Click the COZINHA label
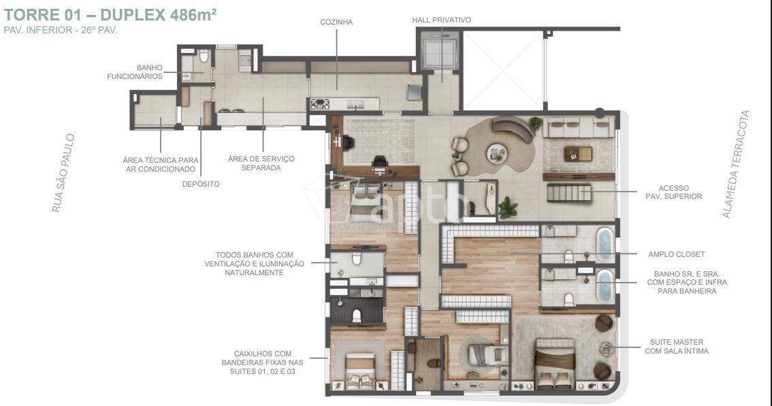(336, 22)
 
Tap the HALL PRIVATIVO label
(442, 20)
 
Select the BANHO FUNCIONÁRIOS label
(135, 72)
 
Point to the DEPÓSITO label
(201, 185)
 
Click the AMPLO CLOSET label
(677, 254)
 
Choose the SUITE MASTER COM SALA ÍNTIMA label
(677, 346)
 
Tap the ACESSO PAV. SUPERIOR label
(673, 192)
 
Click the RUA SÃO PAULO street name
(64, 173)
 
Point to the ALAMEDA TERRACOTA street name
(735, 164)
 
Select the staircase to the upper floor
(569, 193)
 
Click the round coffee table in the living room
(496, 153)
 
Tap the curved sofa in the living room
(513, 129)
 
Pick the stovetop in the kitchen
(319, 104)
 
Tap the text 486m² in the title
(193, 14)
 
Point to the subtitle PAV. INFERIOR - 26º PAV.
(61, 30)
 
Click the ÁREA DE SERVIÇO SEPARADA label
(261, 163)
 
